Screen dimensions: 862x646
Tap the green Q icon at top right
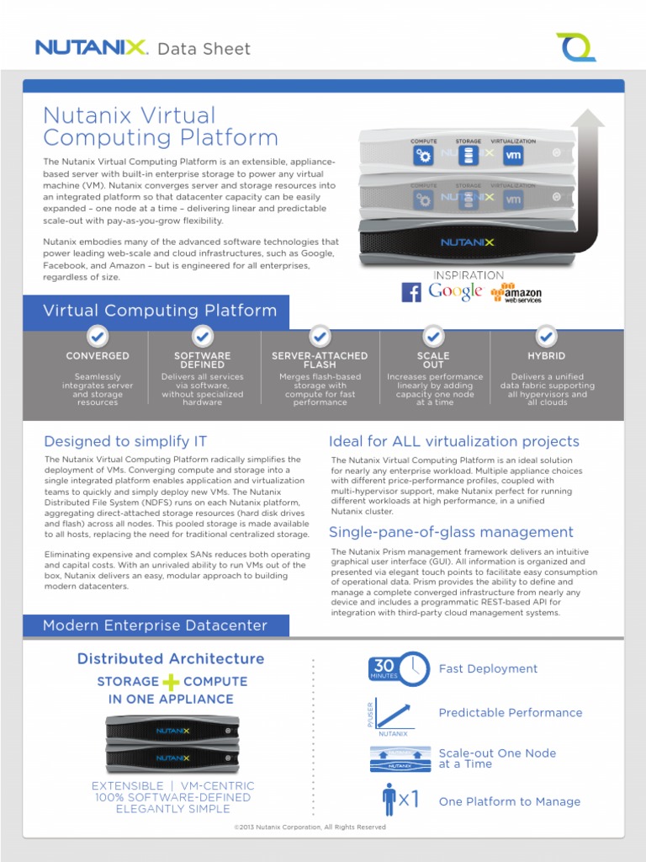576,46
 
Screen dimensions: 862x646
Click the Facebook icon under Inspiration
411,292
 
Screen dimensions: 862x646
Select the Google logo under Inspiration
455,291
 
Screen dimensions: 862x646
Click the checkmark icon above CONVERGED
98,336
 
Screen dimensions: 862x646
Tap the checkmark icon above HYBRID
546,336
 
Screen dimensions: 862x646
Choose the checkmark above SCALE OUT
433,336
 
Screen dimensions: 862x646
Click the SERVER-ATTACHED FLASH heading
320,360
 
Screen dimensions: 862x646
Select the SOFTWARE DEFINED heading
203,360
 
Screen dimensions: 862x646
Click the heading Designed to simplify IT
125,441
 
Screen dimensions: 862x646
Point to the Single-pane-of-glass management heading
451,532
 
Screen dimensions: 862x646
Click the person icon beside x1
389,800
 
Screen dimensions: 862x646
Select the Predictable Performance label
510,712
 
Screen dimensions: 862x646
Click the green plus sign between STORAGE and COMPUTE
172,681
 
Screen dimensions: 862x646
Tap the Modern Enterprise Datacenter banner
156,625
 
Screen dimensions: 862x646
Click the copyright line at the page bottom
310,827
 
